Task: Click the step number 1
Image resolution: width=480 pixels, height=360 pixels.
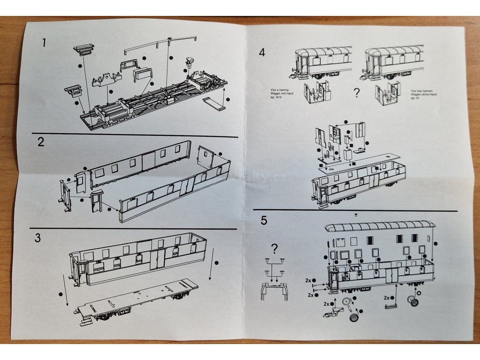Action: click(x=44, y=43)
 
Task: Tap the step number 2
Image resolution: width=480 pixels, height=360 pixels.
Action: click(x=41, y=142)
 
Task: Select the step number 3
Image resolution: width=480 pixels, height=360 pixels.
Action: click(x=38, y=237)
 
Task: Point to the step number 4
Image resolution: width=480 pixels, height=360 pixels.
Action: click(x=262, y=52)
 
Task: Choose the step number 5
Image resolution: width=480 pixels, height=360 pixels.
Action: click(x=264, y=220)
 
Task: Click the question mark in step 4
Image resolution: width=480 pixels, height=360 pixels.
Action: click(x=357, y=93)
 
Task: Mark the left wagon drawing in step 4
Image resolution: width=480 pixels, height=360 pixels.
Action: click(x=323, y=61)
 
